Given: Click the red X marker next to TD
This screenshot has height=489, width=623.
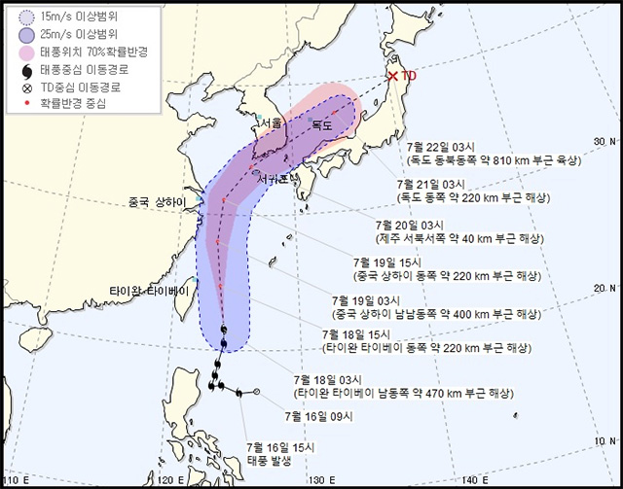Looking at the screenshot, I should [x=393, y=76].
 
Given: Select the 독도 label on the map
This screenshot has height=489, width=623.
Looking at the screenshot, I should [x=321, y=124].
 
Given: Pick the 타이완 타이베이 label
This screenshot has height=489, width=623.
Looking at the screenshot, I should [x=148, y=289].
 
